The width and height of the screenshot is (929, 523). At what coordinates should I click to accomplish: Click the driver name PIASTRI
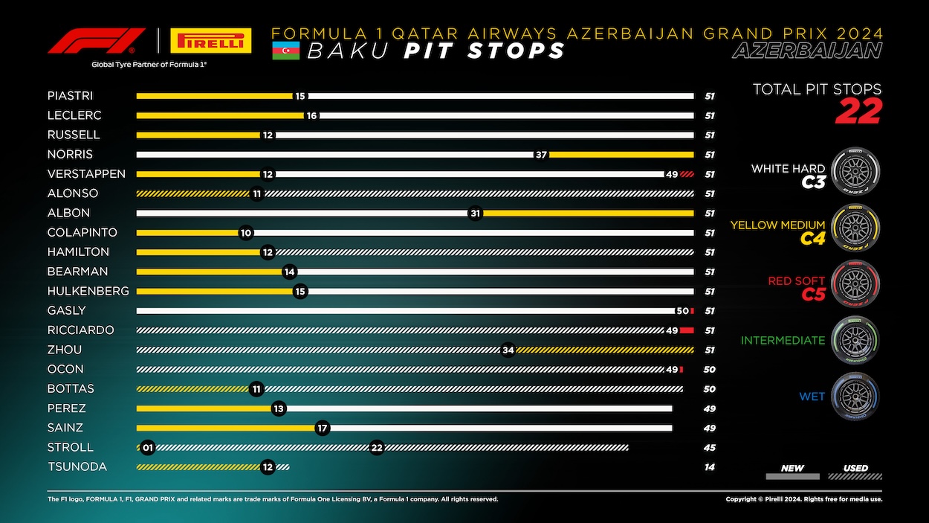(x=70, y=96)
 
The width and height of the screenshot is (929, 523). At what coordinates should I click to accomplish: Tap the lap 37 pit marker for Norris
(x=541, y=155)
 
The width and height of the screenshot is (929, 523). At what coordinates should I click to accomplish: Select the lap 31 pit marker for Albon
(x=476, y=213)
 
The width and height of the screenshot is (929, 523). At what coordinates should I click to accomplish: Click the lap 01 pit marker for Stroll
(x=148, y=447)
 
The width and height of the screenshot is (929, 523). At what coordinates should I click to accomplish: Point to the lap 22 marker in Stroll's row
(x=377, y=447)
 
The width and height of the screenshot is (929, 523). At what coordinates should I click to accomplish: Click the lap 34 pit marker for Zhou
(x=508, y=350)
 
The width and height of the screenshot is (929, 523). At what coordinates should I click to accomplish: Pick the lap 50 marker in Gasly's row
(x=682, y=310)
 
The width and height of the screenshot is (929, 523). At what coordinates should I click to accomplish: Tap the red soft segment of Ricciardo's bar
(x=687, y=330)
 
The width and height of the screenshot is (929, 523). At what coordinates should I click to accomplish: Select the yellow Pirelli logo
(x=211, y=41)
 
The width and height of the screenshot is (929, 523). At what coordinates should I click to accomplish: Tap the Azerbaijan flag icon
(x=285, y=51)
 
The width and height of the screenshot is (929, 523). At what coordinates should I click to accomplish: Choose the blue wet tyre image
(x=855, y=397)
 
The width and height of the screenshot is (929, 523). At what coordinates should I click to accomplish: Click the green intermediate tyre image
(x=855, y=341)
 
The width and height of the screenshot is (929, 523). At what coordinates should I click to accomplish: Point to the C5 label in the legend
(x=813, y=295)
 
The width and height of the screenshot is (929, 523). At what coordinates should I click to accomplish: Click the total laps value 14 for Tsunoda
(x=710, y=467)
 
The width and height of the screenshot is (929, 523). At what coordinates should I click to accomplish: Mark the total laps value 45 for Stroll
(x=710, y=448)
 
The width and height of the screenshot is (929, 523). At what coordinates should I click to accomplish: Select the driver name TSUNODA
(x=77, y=466)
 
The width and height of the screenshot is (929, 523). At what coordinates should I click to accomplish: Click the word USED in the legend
(x=855, y=468)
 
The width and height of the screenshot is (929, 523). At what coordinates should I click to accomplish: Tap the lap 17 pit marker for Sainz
(x=322, y=428)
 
